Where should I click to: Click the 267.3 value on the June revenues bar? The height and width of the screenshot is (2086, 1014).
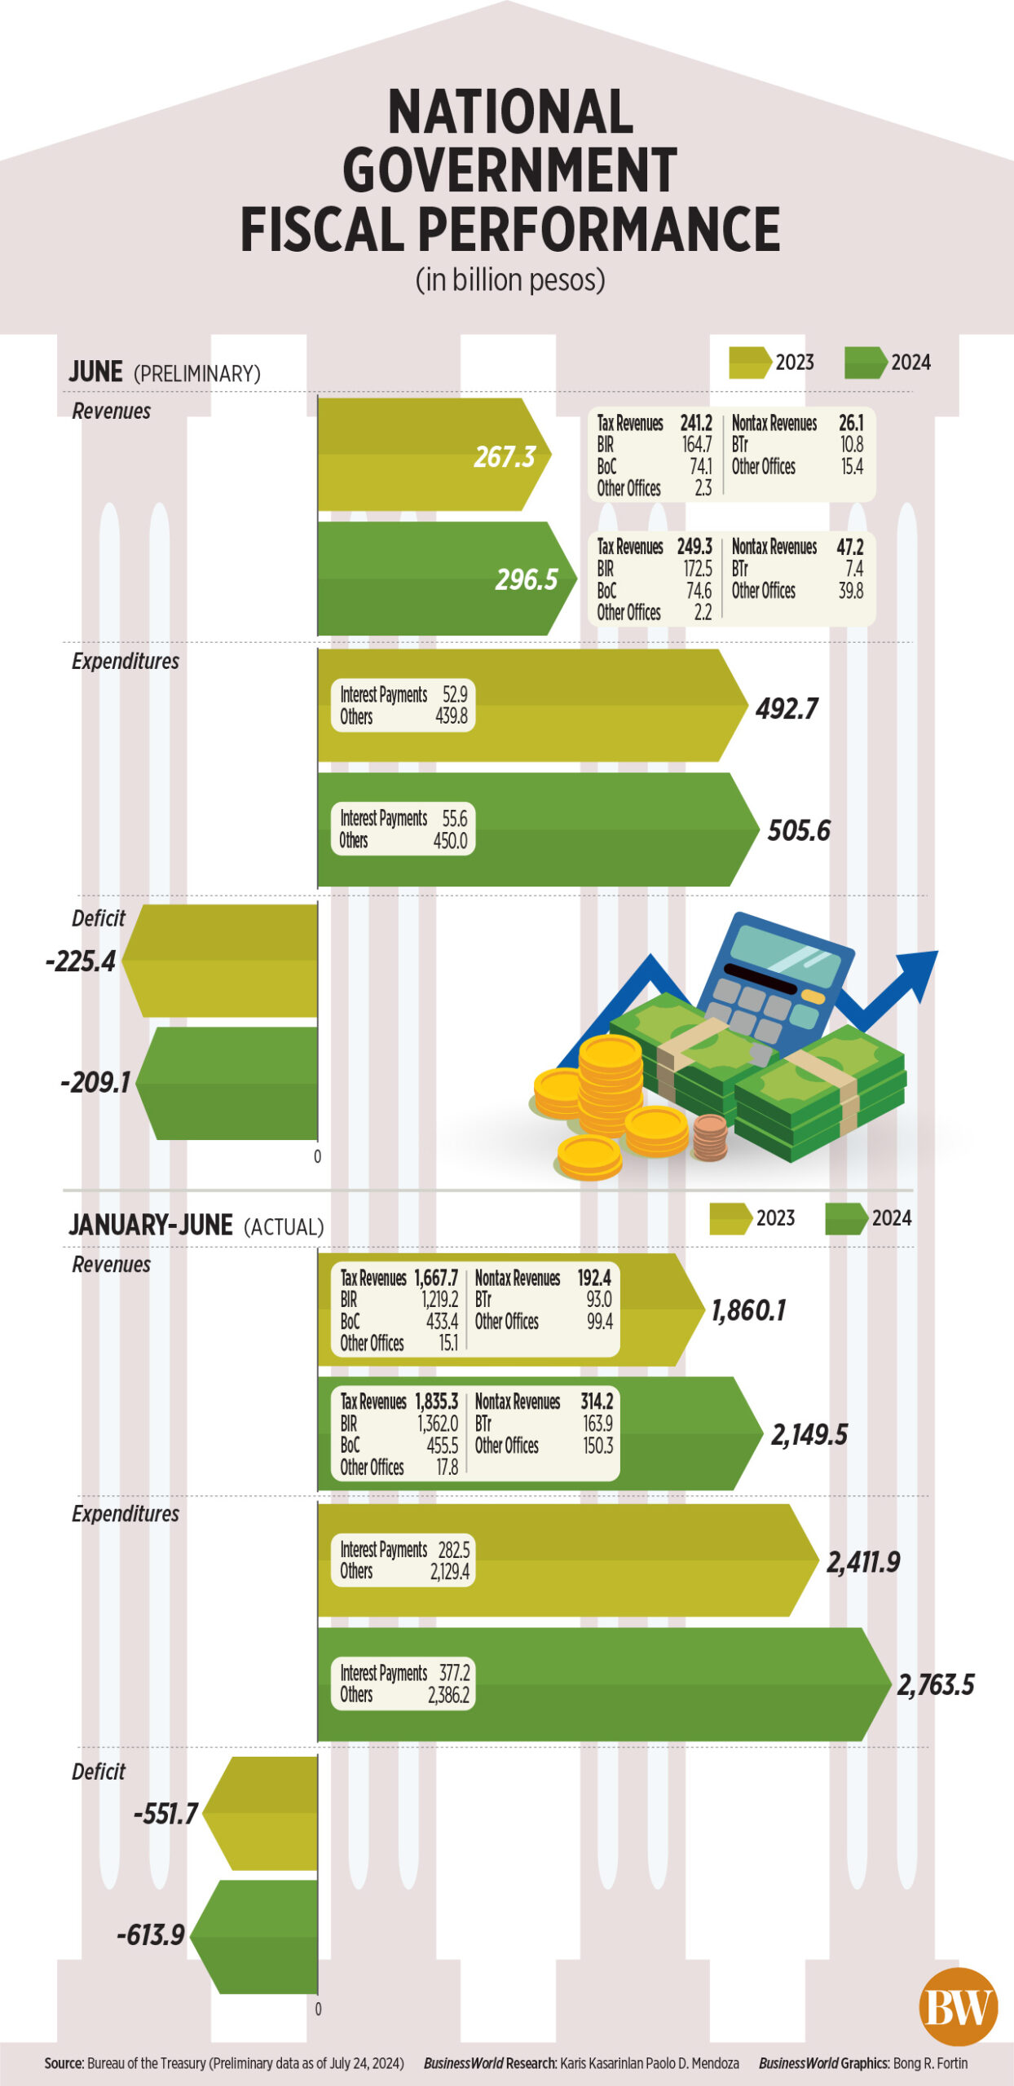[x=505, y=457]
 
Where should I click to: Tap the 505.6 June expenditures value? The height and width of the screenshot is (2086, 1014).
[x=799, y=830]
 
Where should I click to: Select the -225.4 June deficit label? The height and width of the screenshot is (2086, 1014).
[x=81, y=962]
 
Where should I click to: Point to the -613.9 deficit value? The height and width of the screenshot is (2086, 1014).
[x=151, y=1934]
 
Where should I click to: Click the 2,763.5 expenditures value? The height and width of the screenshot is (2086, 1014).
[x=936, y=1684]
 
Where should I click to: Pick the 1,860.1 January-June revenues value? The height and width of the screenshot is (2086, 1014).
[x=748, y=1310]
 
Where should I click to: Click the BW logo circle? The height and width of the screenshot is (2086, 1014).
[x=959, y=2006]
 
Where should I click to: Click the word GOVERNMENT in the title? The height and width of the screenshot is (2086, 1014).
[x=509, y=169]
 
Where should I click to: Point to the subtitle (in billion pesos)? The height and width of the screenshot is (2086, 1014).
[x=510, y=279]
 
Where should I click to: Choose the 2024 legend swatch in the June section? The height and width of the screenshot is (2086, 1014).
[x=866, y=363]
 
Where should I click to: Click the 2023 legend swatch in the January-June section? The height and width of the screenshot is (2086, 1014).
[x=730, y=1218]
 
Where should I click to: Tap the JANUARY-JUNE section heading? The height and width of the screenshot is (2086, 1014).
[x=151, y=1225]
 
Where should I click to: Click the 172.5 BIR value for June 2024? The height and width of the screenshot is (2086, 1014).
[x=697, y=569]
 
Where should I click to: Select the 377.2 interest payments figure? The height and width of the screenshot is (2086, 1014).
[x=454, y=1672]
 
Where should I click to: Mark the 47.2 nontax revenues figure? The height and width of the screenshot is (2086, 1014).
[x=850, y=547]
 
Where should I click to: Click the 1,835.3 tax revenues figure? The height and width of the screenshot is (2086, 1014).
[x=436, y=1402]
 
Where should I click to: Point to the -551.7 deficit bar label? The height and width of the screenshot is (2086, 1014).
[x=165, y=1813]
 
